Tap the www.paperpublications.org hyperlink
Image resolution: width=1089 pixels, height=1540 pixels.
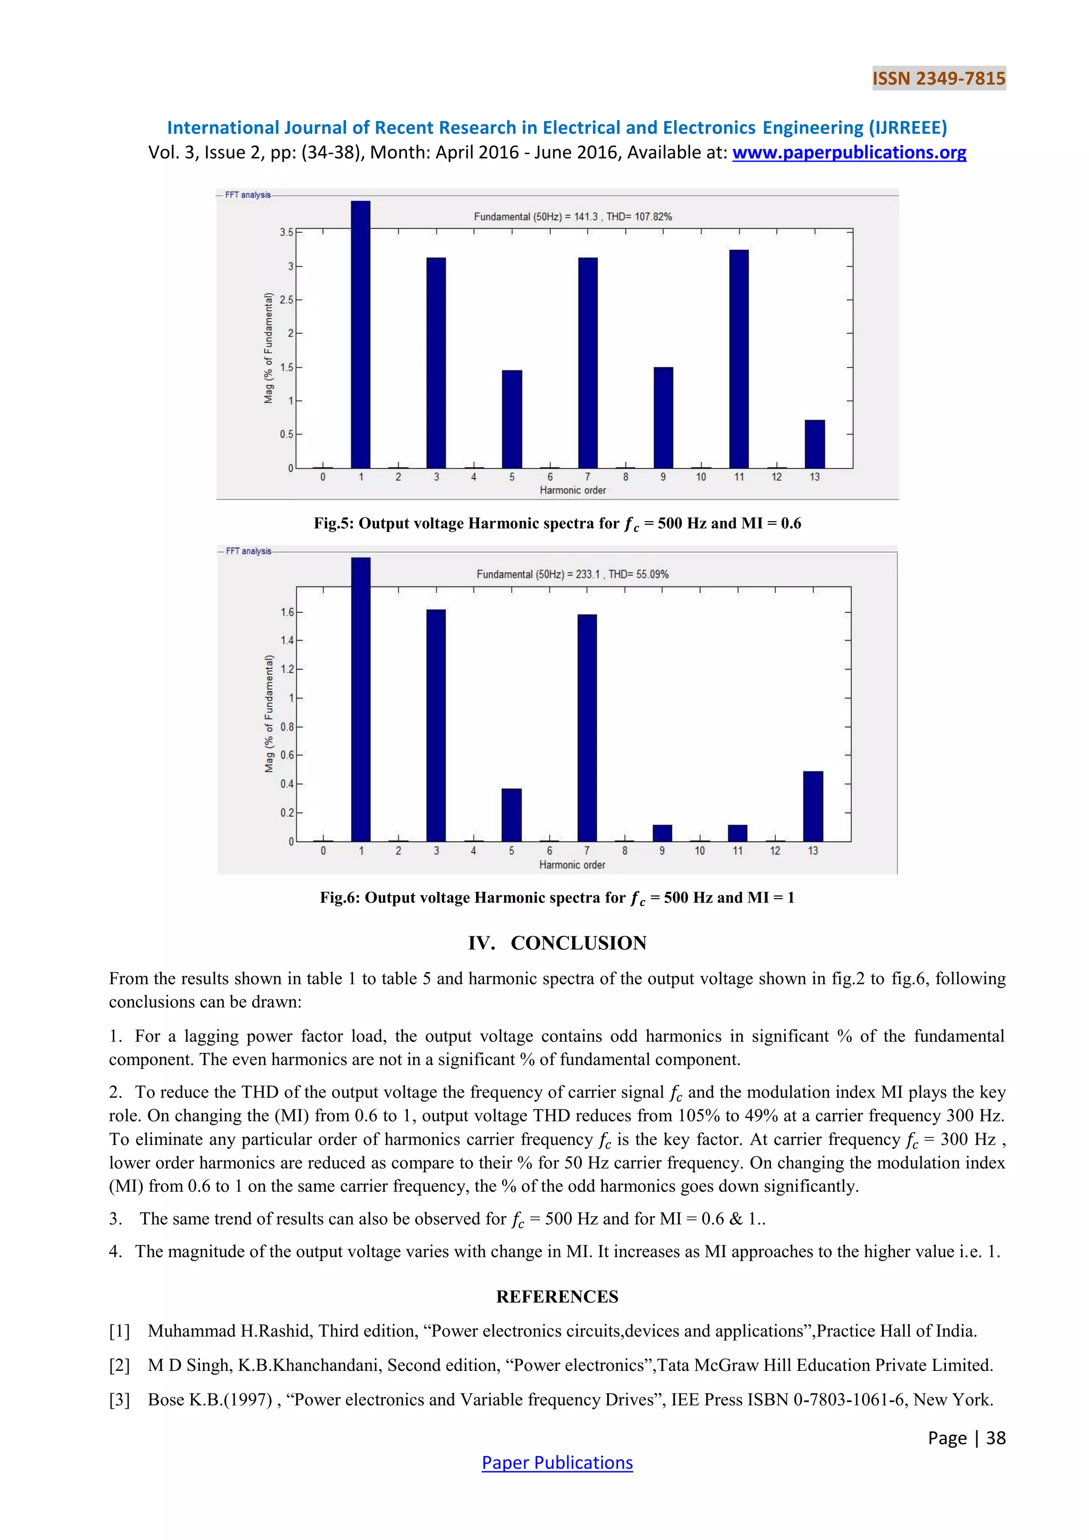(849, 153)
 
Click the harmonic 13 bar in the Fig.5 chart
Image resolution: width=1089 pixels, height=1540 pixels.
(814, 444)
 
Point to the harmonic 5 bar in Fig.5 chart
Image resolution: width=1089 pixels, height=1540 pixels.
(512, 419)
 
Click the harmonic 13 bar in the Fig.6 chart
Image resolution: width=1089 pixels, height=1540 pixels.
(812, 806)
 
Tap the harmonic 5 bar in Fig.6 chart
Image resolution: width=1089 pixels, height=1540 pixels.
(511, 815)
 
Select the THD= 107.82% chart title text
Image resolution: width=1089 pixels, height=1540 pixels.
(639, 216)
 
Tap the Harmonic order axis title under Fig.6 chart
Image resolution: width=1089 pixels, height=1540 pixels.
(572, 865)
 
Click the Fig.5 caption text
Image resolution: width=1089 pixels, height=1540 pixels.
(557, 524)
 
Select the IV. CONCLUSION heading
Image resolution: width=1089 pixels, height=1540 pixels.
(557, 943)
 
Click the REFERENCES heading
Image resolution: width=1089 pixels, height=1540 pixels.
(557, 1296)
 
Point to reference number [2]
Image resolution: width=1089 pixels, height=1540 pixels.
(119, 1365)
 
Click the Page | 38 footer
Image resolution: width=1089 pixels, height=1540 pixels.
(966, 1437)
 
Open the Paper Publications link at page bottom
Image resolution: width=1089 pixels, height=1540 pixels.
(557, 1462)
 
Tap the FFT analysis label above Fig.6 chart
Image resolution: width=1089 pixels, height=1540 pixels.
(248, 551)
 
